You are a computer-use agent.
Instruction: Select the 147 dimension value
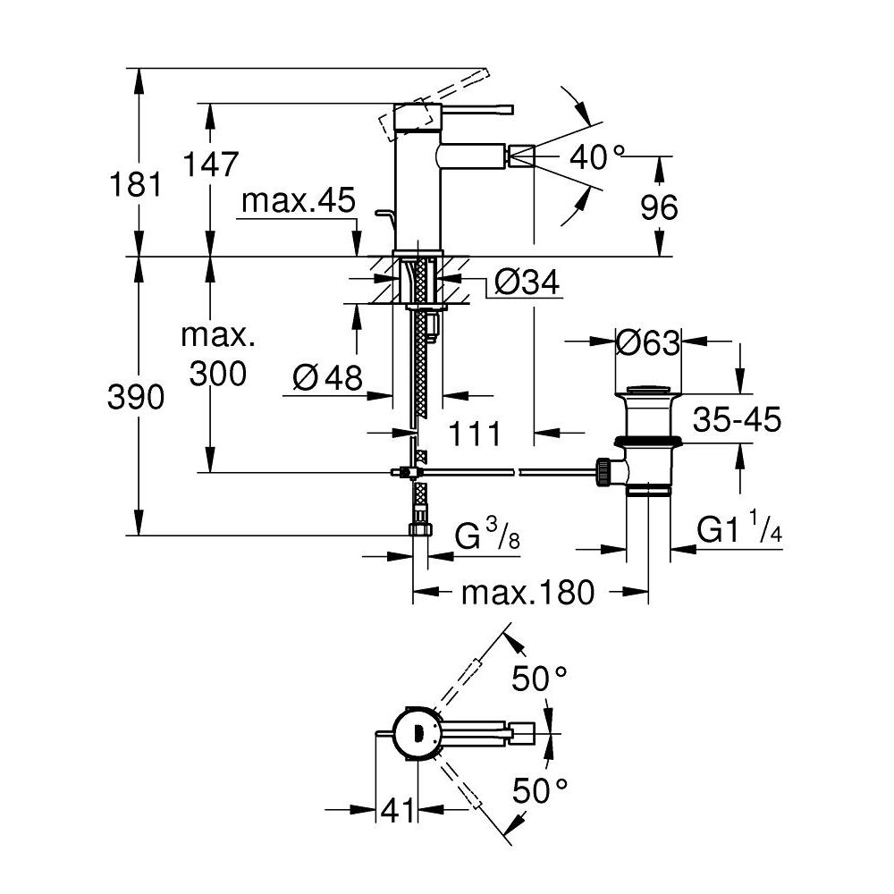point(210,164)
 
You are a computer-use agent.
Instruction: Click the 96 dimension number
point(660,207)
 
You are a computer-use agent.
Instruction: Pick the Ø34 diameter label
point(526,283)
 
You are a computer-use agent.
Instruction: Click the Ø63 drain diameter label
point(648,342)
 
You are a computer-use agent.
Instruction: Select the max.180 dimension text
point(527,592)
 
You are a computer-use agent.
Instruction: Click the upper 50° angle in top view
point(540,679)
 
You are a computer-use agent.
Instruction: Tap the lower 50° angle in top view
point(541,789)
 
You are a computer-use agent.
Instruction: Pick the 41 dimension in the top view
point(399,811)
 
